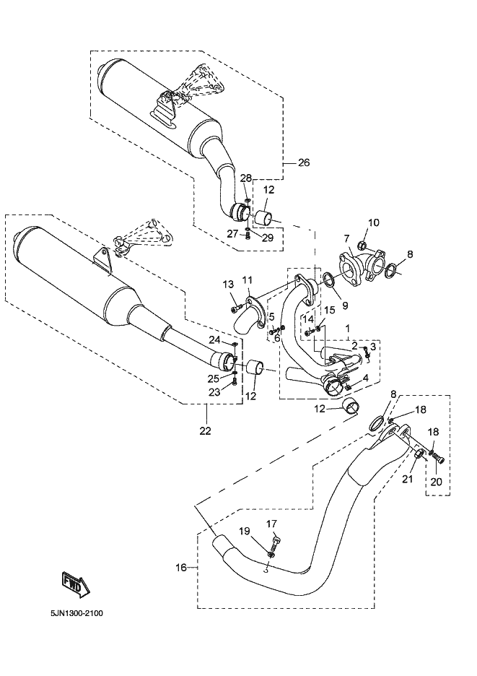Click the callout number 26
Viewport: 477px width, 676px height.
303,162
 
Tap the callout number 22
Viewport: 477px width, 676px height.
205,431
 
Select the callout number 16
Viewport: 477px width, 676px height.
181,568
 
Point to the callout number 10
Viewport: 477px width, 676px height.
373,222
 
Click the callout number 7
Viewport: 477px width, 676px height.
346,238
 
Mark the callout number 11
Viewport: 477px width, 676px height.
247,279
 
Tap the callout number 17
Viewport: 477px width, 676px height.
272,524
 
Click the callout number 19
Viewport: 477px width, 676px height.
245,532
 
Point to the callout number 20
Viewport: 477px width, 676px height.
435,481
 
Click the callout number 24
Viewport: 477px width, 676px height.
214,339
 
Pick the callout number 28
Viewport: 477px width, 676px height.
245,178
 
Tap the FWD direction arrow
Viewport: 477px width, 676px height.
74,584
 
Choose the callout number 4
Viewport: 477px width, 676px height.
367,377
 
